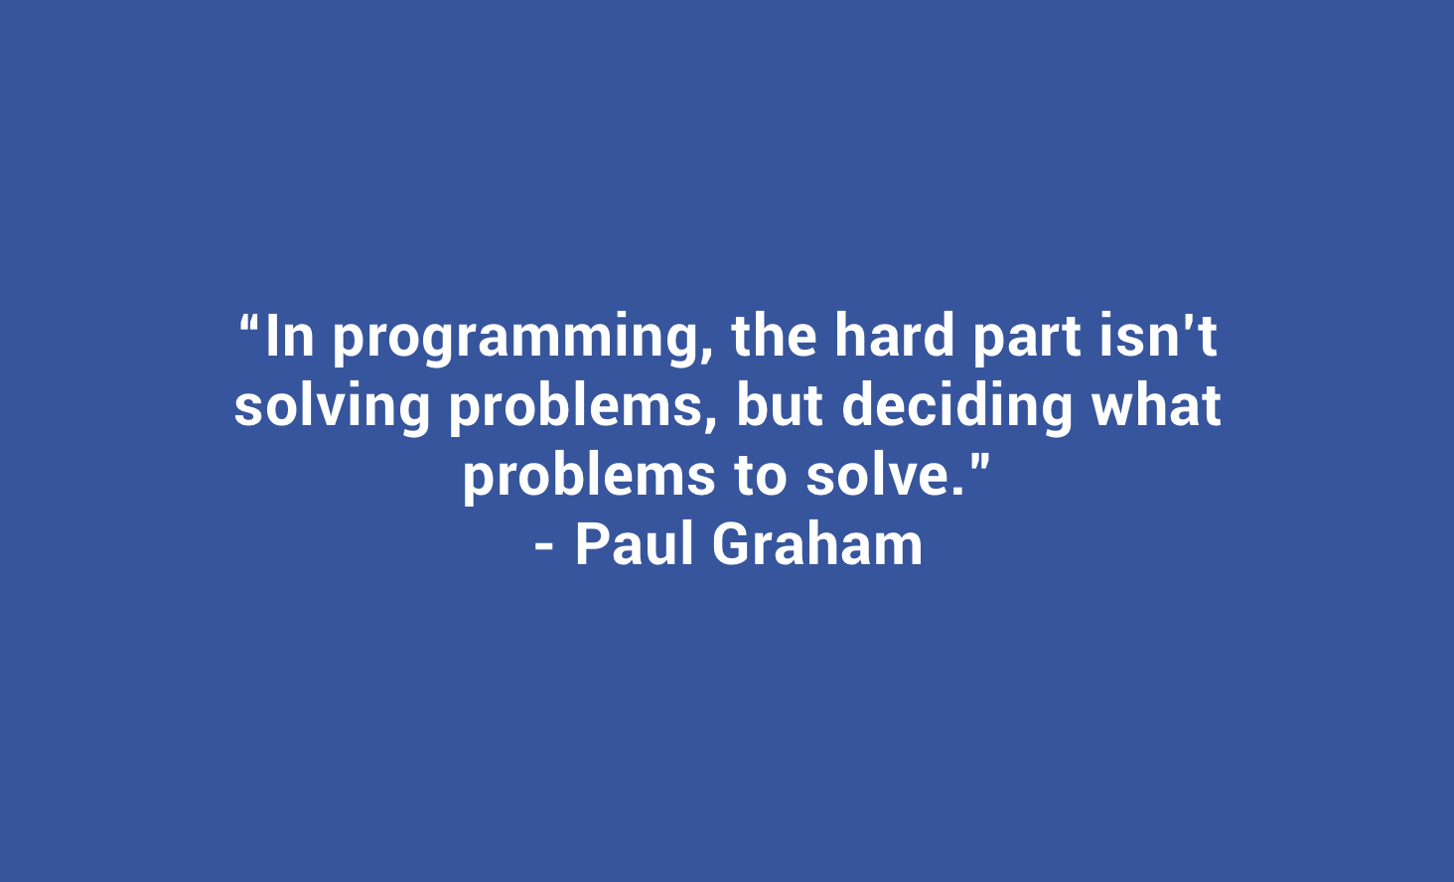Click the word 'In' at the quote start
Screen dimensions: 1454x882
290,336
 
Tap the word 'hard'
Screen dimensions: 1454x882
894,335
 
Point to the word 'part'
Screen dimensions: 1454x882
1027,340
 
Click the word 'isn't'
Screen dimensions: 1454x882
1159,335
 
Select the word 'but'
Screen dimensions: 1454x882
780,405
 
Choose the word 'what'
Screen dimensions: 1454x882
1156,405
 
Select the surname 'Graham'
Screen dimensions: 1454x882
817,544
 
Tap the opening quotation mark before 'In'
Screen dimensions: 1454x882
250,323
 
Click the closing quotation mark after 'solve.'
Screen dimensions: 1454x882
979,463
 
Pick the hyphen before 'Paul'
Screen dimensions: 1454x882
544,548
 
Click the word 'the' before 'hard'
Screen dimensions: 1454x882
774,335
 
